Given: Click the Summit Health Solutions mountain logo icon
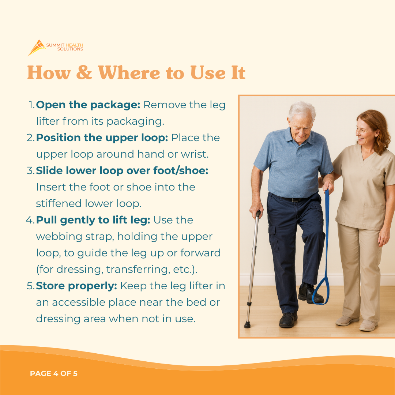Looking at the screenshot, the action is (37, 48).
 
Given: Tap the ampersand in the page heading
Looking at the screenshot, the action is (84, 72).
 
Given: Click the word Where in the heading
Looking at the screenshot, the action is (129, 72).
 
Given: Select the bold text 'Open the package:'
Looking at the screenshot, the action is (88, 105).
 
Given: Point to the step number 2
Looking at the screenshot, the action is (30, 138).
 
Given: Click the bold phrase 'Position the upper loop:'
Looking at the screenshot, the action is (102, 138).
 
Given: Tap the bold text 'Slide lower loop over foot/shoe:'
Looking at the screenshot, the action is (122, 170).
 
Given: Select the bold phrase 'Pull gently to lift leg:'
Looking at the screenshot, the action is (93, 220).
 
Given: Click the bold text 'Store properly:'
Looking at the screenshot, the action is (76, 286).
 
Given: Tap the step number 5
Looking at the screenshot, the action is (30, 286).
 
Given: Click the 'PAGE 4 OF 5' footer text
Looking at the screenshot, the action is (54, 373).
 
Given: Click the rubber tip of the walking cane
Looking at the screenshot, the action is (247, 325).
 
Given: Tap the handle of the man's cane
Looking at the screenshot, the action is (258, 214).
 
